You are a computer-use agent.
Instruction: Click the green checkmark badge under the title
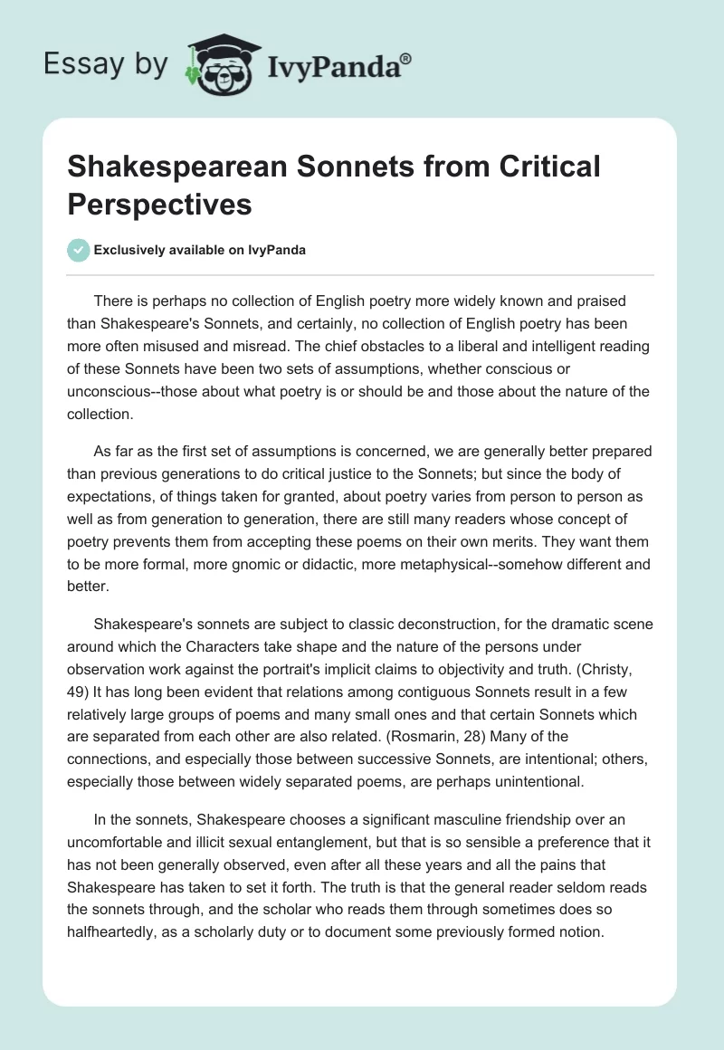coord(79,250)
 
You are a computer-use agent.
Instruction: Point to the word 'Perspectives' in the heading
coord(158,204)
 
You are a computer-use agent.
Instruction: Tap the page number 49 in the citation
coord(75,691)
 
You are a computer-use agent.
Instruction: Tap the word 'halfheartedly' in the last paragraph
coord(110,931)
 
